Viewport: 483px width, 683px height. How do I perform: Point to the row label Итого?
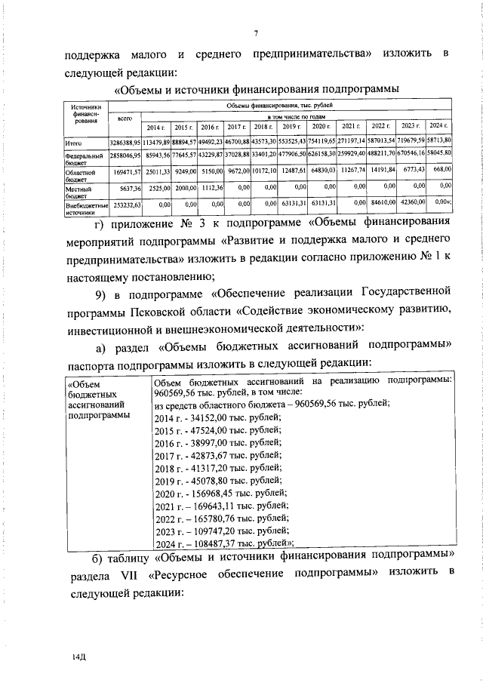pyautogui.click(x=72, y=142)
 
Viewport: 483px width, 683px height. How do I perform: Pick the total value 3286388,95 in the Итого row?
pyautogui.click(x=125, y=142)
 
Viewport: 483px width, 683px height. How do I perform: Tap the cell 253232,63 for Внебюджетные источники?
pyautogui.click(x=125, y=203)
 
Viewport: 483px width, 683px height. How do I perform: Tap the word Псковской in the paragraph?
pyautogui.click(x=185, y=312)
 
